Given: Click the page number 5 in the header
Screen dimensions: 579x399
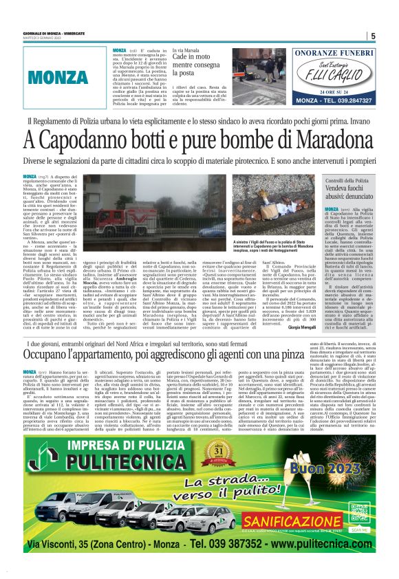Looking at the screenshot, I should pos(372,36).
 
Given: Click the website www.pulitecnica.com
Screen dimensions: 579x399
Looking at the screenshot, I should pos(313,543).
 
